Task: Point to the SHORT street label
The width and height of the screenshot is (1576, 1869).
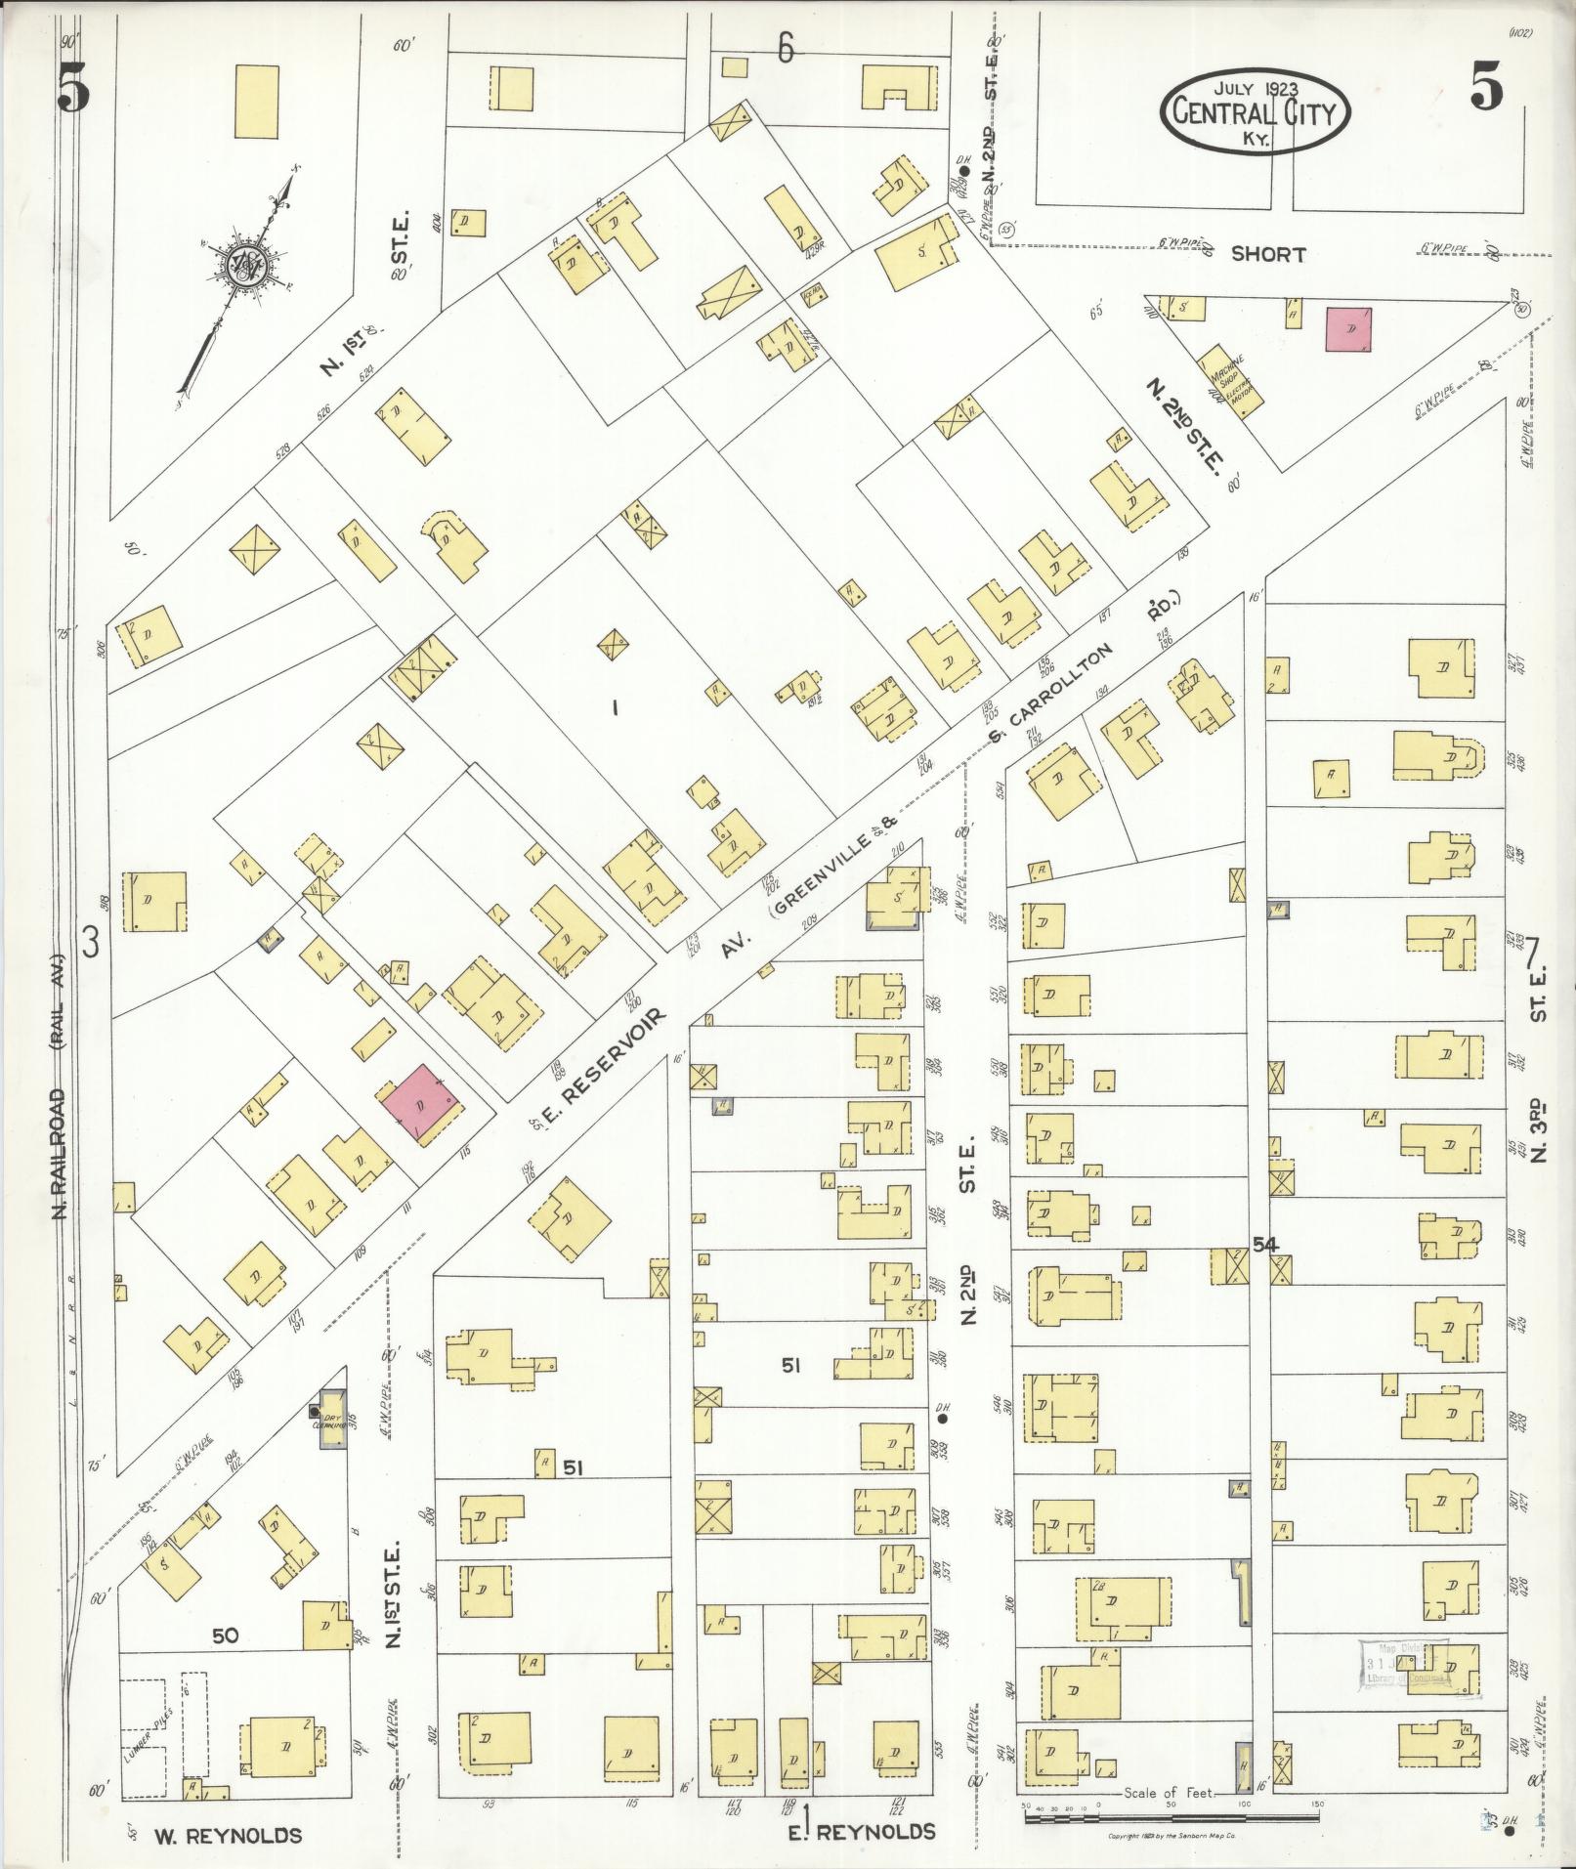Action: tap(1267, 254)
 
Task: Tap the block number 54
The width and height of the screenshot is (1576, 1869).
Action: tap(1280, 1242)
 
